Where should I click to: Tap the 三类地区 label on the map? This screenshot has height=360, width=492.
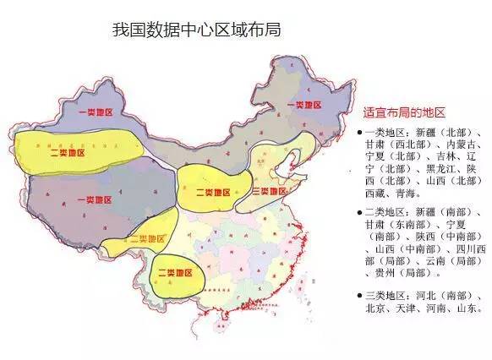(x=271, y=191)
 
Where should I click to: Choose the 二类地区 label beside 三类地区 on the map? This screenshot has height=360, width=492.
(x=212, y=192)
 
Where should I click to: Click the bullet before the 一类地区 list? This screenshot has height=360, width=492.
(x=359, y=133)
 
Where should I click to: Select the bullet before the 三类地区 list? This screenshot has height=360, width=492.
(x=359, y=296)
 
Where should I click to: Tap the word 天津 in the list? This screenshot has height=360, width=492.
(x=411, y=309)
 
